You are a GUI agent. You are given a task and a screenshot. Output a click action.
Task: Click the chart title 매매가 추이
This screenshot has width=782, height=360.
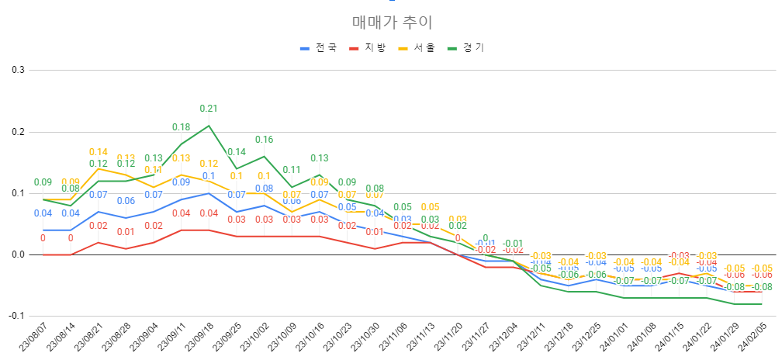click(391, 22)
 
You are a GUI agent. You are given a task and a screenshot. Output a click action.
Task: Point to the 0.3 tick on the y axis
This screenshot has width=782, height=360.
click(18, 70)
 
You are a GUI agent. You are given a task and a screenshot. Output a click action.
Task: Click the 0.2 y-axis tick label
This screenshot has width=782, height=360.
click(18, 132)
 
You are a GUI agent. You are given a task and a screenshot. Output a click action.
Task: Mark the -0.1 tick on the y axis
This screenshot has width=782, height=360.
click(16, 316)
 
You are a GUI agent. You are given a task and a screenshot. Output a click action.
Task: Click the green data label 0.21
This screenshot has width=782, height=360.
click(209, 109)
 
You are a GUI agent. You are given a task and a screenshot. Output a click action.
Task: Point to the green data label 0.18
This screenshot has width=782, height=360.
click(181, 127)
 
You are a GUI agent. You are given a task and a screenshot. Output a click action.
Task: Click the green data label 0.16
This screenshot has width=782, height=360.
click(264, 140)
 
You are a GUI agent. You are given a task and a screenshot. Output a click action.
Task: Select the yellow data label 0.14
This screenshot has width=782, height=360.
click(98, 152)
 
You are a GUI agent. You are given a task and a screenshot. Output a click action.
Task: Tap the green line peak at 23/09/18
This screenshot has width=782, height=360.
click(209, 126)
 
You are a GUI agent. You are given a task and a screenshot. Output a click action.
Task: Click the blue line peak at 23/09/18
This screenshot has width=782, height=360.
click(209, 193)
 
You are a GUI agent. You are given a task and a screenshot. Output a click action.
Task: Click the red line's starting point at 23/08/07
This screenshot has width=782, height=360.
click(43, 254)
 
